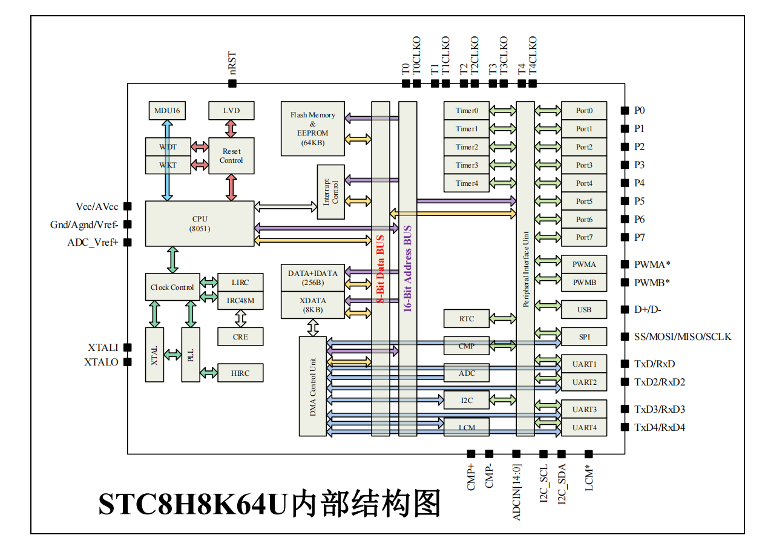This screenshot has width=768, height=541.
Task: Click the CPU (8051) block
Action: coord(200,223)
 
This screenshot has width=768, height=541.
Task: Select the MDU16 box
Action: coord(167,111)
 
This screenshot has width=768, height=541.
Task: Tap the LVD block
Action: coord(231,111)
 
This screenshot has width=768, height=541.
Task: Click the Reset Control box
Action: coord(231,156)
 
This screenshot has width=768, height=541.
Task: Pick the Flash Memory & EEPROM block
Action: coord(312,128)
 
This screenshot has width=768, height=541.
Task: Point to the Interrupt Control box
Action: coord(331,192)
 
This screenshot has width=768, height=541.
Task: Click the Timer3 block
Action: coord(467,165)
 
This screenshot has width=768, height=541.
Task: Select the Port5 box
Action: coord(584,202)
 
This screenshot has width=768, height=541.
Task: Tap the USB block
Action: coord(584,310)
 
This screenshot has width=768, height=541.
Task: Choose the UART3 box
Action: coord(584,410)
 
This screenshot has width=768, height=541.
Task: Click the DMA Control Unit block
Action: coord(313,385)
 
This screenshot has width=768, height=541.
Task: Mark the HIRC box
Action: coord(240,373)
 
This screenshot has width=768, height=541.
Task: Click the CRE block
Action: coord(240,336)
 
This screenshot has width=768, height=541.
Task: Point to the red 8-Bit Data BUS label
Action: coord(381,269)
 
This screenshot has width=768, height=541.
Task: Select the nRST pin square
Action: coord(232,84)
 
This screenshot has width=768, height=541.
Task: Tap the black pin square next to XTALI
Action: coord(128,347)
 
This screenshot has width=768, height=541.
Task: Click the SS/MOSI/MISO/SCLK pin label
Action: coord(683,336)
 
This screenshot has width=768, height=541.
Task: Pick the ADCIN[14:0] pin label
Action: coord(516,492)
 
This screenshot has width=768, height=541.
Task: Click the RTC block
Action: coord(467,319)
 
